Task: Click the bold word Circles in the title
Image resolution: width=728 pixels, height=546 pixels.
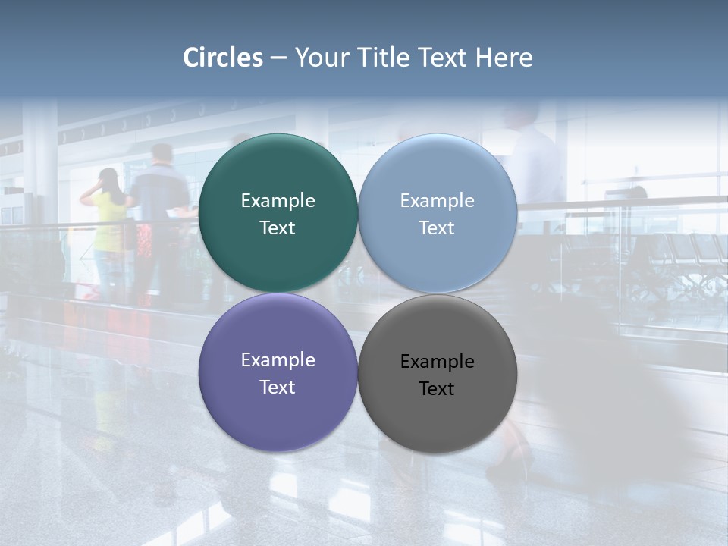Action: (x=223, y=58)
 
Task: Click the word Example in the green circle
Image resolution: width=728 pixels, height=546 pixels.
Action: (x=278, y=201)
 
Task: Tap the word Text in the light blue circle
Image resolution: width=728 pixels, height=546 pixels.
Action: (x=437, y=228)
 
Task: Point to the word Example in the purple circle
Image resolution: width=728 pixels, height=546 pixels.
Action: (x=278, y=360)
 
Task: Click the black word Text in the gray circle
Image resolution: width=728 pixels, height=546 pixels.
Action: (x=437, y=389)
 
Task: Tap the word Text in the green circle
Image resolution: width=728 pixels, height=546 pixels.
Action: (x=278, y=228)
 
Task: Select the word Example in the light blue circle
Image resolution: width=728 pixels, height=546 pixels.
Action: (x=437, y=201)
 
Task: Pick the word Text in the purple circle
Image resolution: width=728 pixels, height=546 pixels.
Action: (x=278, y=388)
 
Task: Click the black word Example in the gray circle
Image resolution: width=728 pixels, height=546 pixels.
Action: (x=437, y=362)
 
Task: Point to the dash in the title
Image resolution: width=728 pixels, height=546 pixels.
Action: (x=278, y=58)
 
